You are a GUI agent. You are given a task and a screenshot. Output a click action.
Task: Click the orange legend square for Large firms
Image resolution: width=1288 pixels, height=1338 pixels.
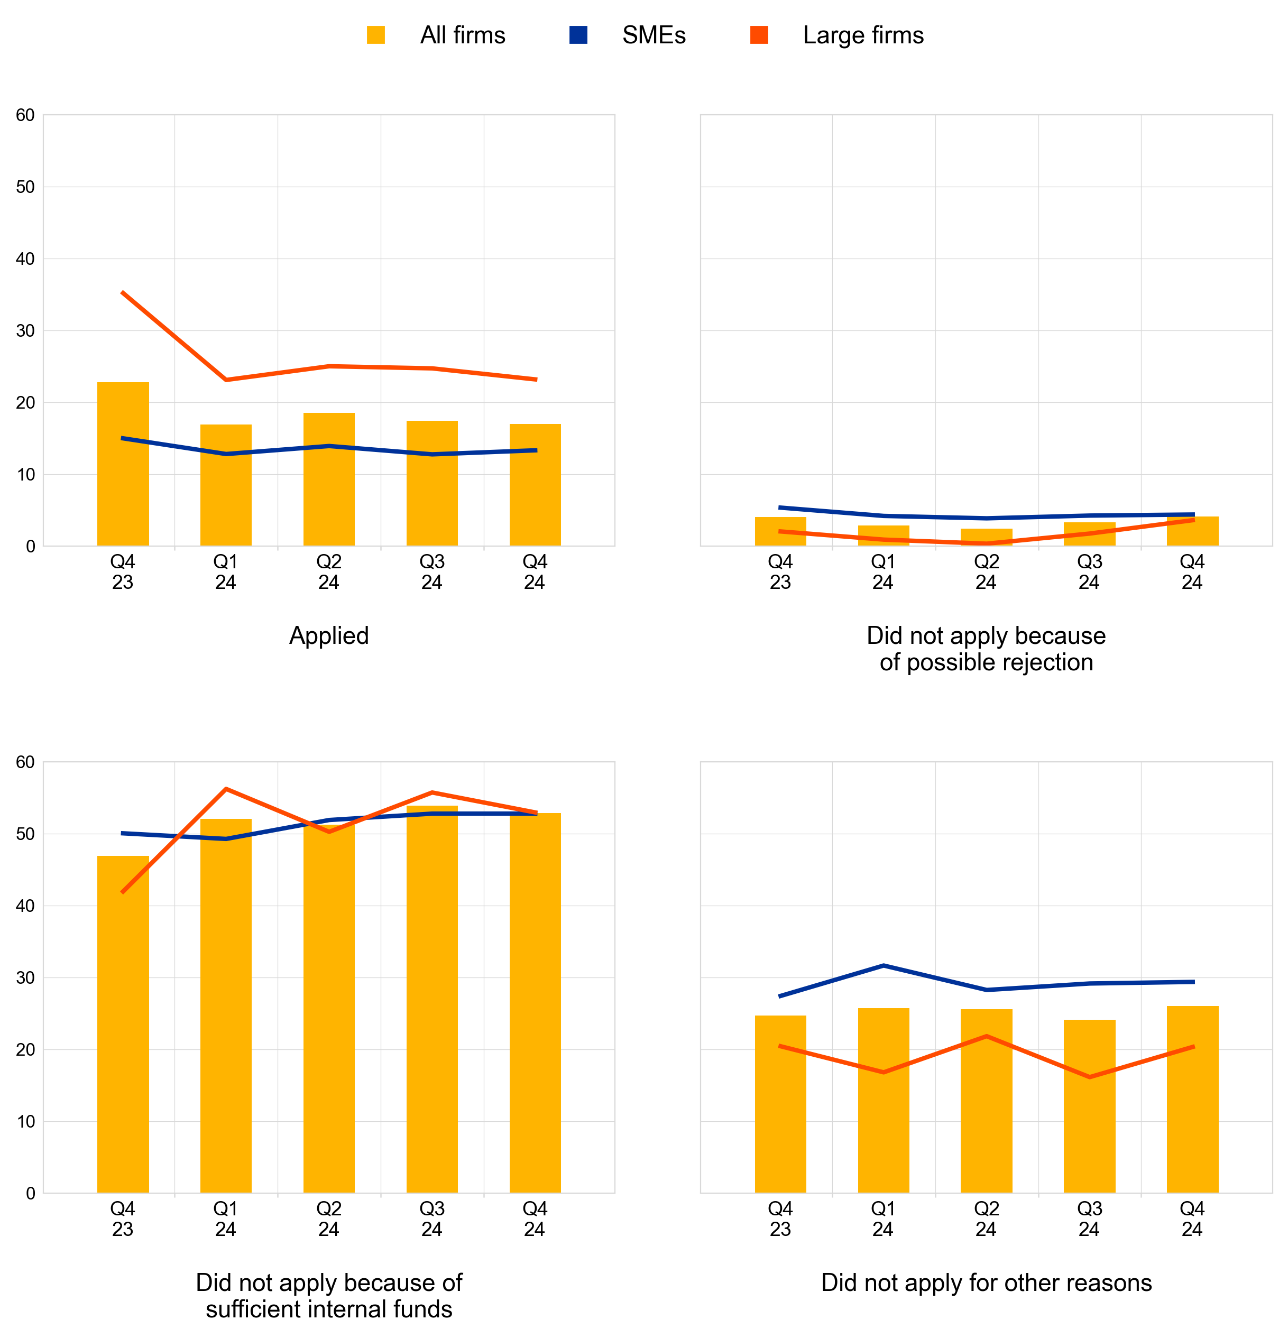(x=759, y=35)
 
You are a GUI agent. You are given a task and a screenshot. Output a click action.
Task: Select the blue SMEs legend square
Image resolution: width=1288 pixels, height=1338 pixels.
(x=578, y=35)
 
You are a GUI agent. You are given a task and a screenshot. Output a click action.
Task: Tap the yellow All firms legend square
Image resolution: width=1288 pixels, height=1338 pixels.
(x=375, y=35)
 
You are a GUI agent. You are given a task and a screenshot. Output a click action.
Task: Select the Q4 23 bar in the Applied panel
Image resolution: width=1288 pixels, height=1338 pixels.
(x=123, y=464)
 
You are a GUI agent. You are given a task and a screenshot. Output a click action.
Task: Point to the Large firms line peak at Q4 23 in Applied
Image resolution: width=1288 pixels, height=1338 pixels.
(x=123, y=292)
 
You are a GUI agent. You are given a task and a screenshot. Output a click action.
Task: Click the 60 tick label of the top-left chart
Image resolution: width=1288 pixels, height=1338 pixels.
(x=25, y=115)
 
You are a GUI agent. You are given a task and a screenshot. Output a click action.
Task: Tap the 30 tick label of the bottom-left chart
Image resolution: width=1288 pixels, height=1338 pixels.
(x=25, y=977)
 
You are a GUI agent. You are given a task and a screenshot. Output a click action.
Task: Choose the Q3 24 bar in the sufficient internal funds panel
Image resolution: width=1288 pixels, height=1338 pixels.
(x=431, y=1000)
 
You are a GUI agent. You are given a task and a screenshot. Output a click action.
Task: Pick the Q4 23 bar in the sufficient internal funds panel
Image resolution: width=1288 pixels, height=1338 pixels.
(x=123, y=1024)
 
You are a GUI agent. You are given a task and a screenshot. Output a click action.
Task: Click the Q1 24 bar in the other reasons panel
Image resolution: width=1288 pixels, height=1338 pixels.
(x=883, y=1101)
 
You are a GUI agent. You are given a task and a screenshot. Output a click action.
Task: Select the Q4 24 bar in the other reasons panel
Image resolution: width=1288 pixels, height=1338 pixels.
(x=1192, y=1100)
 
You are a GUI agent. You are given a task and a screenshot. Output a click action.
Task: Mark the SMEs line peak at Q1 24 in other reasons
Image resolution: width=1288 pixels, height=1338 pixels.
(x=883, y=965)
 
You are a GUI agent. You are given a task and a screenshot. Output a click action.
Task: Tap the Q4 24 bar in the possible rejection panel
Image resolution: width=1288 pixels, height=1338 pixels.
(x=1192, y=531)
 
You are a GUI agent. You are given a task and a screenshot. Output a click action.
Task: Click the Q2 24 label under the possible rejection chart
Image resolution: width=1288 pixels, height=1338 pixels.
(x=986, y=572)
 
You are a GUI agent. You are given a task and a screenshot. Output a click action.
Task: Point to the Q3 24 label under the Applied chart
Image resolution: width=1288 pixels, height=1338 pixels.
(x=431, y=572)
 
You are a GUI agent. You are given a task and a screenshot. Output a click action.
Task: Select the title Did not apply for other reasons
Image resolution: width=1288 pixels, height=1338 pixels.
(x=986, y=1282)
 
